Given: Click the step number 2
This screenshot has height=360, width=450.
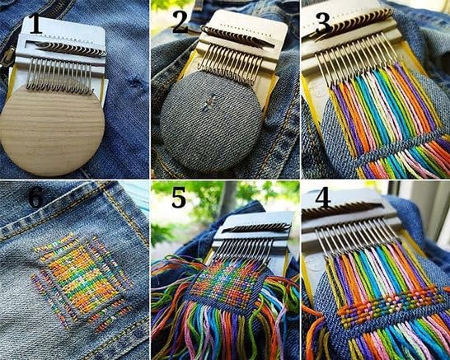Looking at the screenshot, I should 179,22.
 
